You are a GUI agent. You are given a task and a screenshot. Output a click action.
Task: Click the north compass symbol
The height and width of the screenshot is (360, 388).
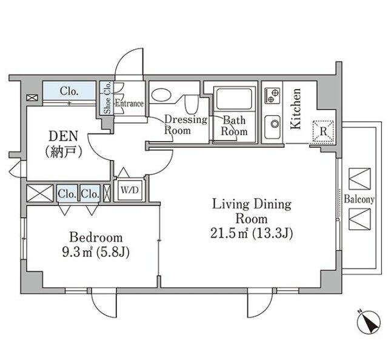369,322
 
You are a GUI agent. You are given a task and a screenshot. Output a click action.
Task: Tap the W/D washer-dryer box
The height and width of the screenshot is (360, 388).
130,190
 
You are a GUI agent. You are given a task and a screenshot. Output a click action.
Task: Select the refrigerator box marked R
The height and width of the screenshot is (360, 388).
323,132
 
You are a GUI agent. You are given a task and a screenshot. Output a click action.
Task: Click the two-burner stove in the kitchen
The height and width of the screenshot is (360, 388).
272,96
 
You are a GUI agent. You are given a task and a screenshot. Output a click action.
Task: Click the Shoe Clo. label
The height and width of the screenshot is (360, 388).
107,98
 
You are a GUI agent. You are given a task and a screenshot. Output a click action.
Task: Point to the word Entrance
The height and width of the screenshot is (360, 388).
129,103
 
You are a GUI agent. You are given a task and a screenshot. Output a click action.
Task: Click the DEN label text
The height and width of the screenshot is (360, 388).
64,136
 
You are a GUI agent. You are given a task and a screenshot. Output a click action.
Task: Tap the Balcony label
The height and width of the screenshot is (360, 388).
359,199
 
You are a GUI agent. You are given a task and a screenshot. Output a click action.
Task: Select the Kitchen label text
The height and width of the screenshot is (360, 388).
296,108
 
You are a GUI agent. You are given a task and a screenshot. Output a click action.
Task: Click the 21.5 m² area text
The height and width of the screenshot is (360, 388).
229,233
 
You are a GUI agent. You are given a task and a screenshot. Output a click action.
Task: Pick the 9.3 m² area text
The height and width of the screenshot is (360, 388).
77,252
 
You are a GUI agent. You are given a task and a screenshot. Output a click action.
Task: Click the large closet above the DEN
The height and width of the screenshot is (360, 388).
69,91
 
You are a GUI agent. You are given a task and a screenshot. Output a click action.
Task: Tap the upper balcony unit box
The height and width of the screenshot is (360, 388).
360,179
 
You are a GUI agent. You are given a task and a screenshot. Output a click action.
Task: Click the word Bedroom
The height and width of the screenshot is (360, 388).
96,238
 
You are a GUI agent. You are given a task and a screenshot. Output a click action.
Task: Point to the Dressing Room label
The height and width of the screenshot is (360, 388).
186,125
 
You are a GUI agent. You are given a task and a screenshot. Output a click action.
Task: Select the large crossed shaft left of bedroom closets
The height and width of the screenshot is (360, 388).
39,193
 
